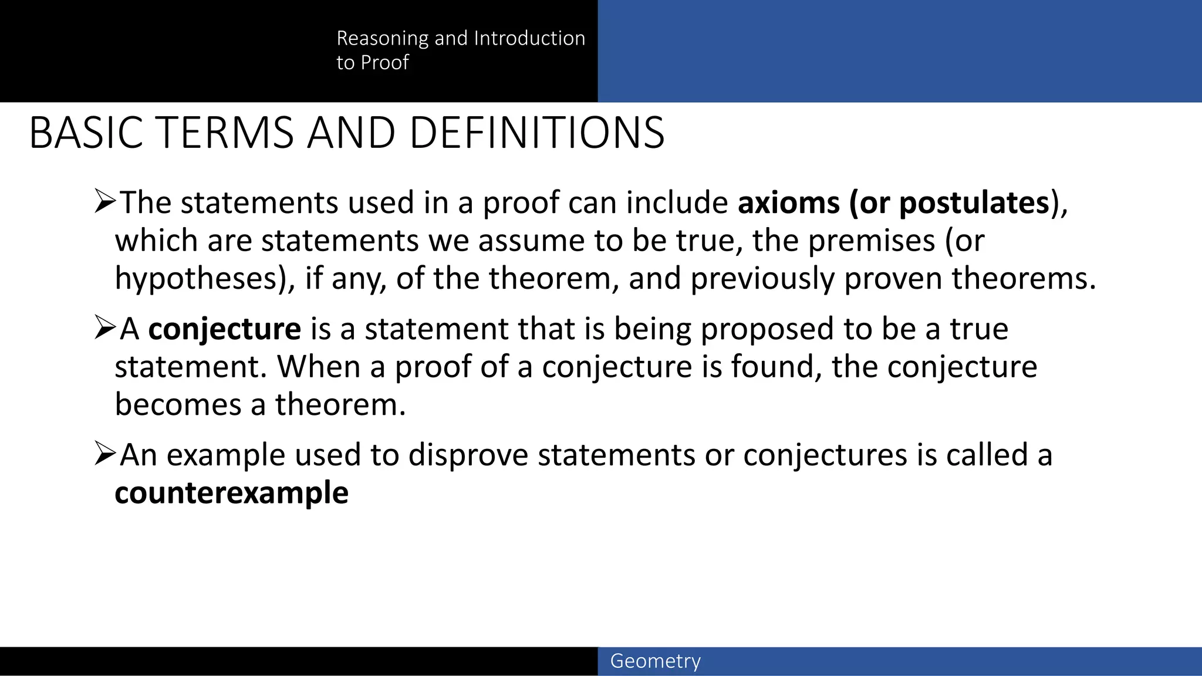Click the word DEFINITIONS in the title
[536, 133]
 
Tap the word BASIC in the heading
[86, 133]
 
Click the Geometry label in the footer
[655, 661]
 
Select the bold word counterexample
[231, 492]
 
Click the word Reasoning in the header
[382, 38]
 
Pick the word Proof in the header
[384, 62]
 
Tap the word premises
[871, 241]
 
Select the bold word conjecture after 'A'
[224, 329]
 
